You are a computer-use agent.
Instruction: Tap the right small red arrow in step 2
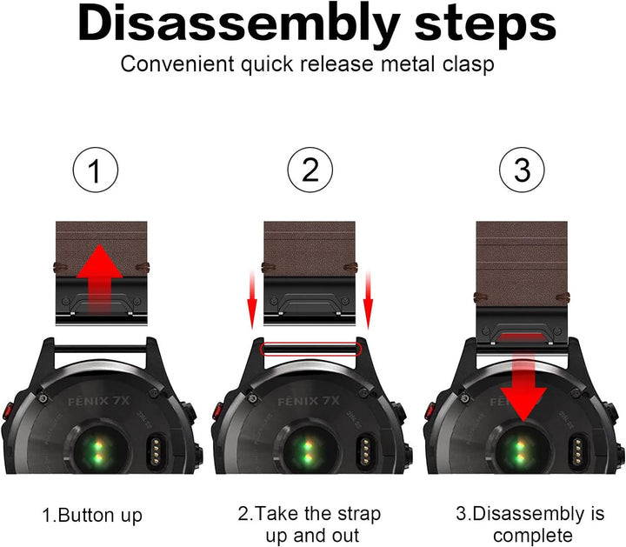(368, 297)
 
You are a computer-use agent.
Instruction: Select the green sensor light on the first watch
(97, 451)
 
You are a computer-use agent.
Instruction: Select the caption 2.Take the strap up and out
(310, 525)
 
